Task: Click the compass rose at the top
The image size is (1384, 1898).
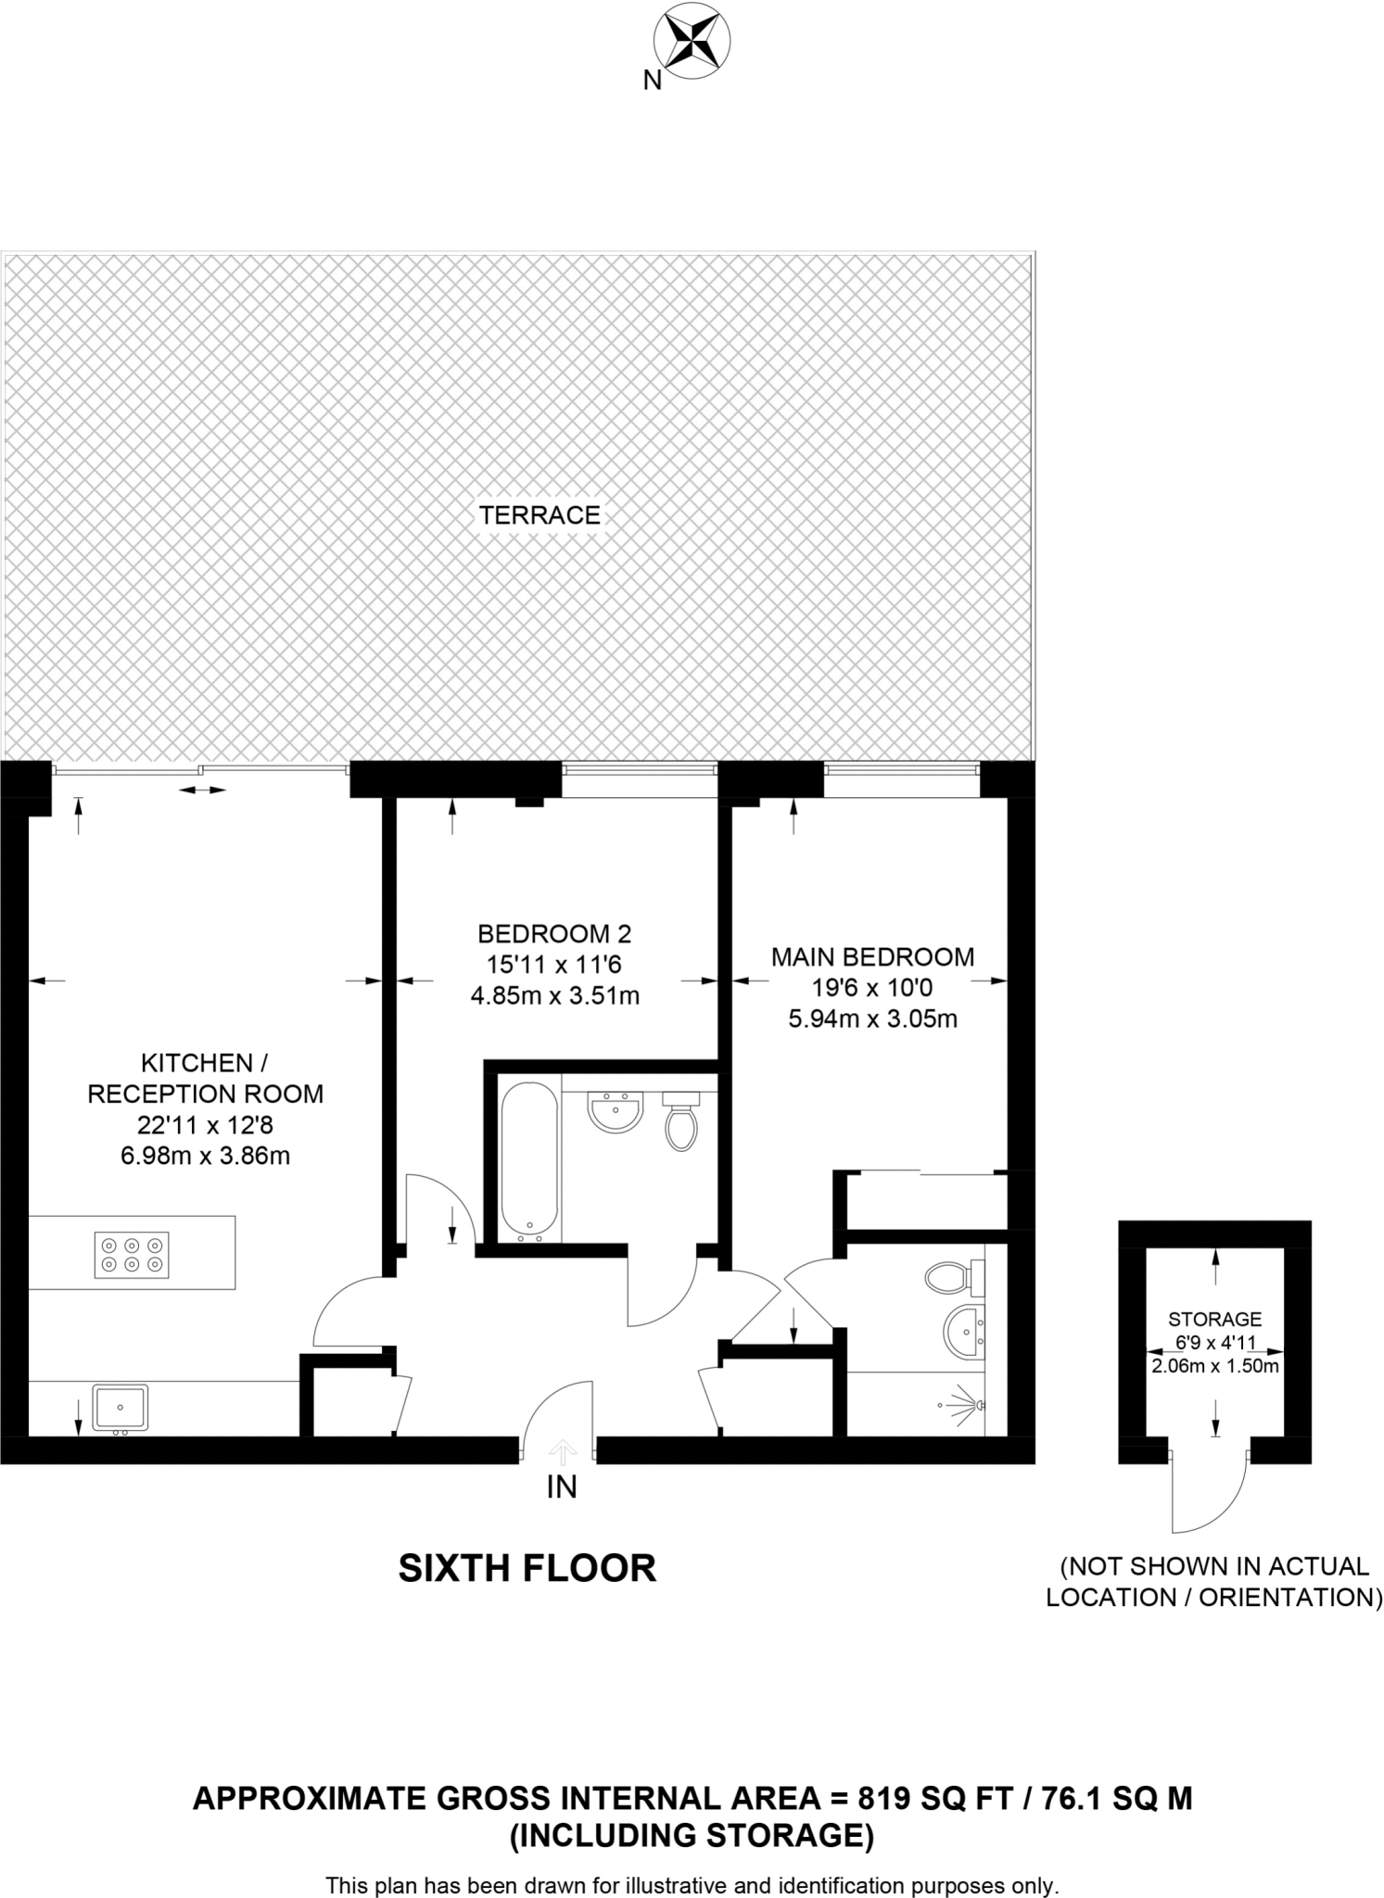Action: (692, 41)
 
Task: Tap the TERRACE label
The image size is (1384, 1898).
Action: (540, 515)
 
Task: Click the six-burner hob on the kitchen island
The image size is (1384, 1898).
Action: (132, 1255)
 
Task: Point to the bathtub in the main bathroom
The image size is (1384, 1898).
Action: (529, 1162)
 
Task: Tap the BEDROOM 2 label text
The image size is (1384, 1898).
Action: (554, 933)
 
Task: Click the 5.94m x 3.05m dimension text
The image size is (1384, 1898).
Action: (872, 1019)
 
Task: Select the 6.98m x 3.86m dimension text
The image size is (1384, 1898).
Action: (205, 1156)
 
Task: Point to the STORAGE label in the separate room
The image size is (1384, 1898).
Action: (1214, 1319)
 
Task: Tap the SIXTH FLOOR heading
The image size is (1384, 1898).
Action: (527, 1568)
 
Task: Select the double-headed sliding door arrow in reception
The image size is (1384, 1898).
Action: (202, 790)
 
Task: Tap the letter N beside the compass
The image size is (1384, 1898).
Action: (653, 82)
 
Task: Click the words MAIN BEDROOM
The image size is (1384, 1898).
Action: (872, 957)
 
